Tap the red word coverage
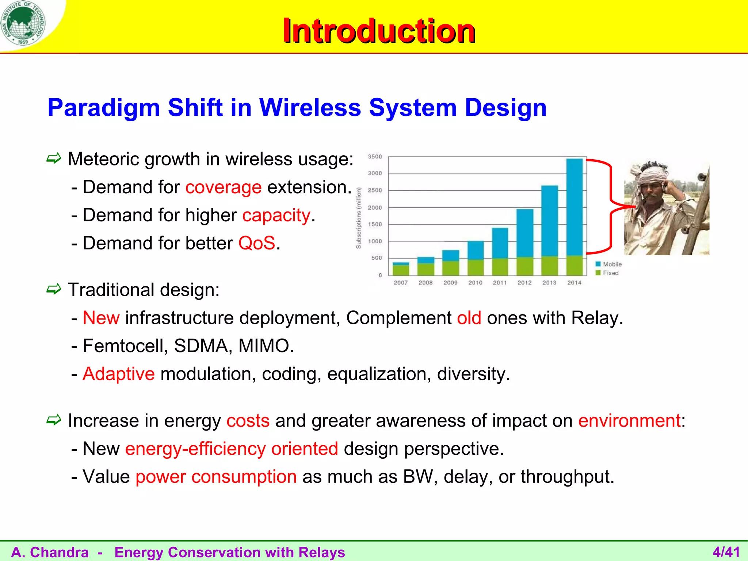224,187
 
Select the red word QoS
256,243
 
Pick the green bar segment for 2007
401,270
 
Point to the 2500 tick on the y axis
375,190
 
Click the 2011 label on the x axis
500,283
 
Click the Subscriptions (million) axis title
359,218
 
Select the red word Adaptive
119,374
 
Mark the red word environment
629,420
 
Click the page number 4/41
726,552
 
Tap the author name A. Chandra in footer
50,552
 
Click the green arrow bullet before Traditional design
54,290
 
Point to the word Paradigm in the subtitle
104,108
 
